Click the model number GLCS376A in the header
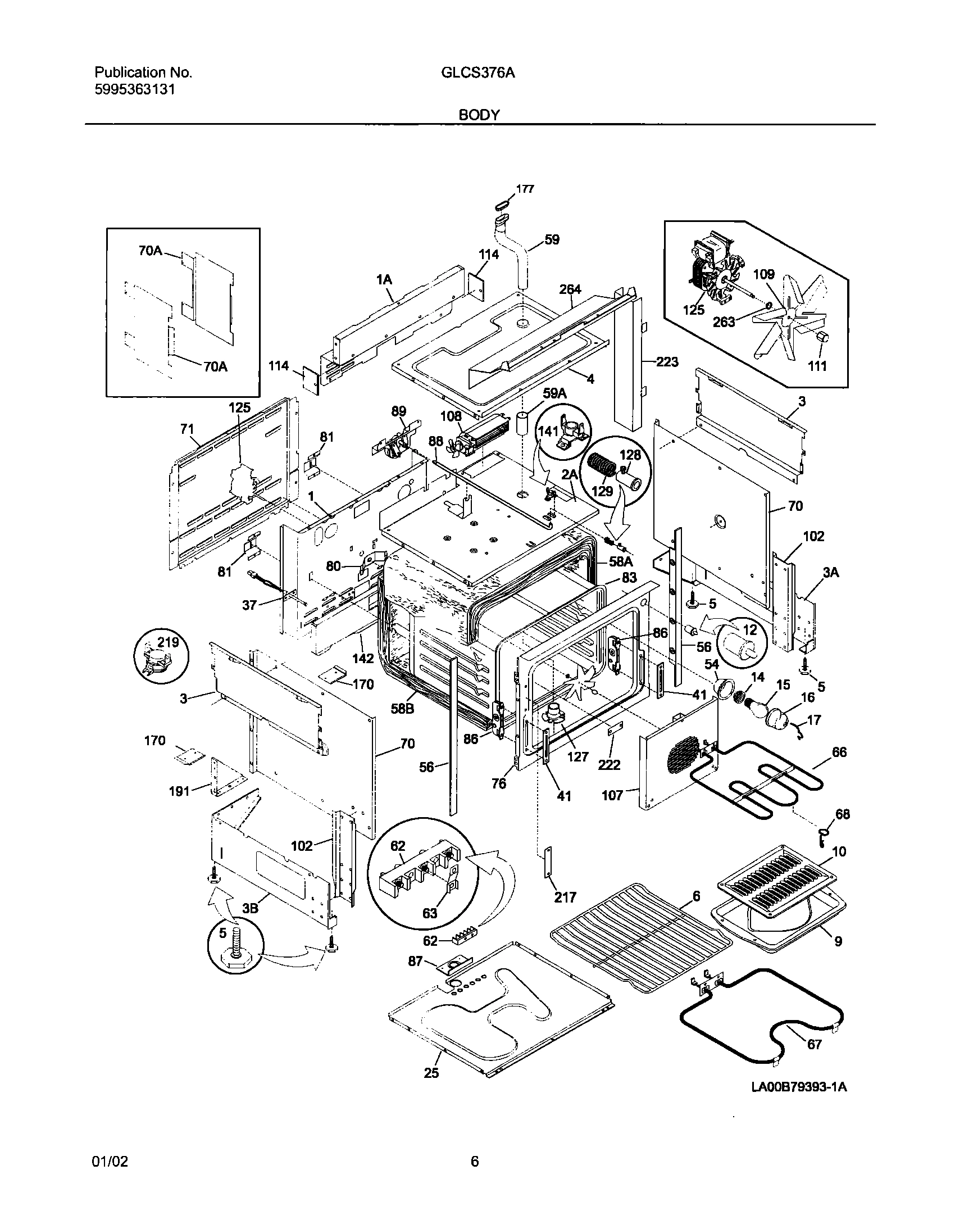click(x=479, y=72)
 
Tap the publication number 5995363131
click(x=134, y=89)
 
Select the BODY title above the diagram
click(x=479, y=115)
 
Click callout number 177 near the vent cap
click(x=525, y=189)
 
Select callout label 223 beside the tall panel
click(x=667, y=362)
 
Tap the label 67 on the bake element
click(x=814, y=1045)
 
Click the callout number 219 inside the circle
click(x=167, y=642)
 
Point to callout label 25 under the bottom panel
click(x=431, y=1073)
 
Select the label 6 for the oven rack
click(x=696, y=896)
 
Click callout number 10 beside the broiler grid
click(x=838, y=852)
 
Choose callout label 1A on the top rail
click(x=384, y=279)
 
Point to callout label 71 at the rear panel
click(x=187, y=430)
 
